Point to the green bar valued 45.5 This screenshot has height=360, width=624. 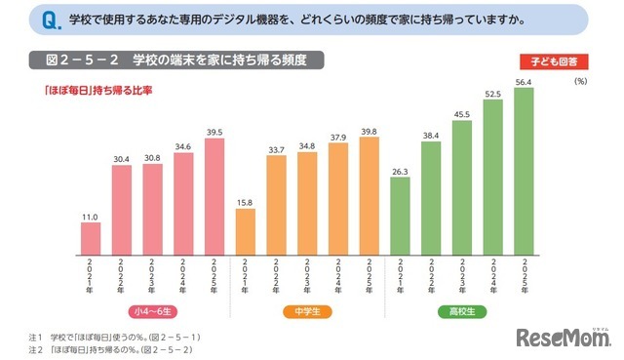coord(462,183)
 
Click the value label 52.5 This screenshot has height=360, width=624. coord(492,94)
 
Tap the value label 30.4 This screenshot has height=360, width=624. coord(121,158)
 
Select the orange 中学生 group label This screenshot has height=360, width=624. coord(307,312)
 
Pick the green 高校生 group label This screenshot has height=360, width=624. coord(460,312)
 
